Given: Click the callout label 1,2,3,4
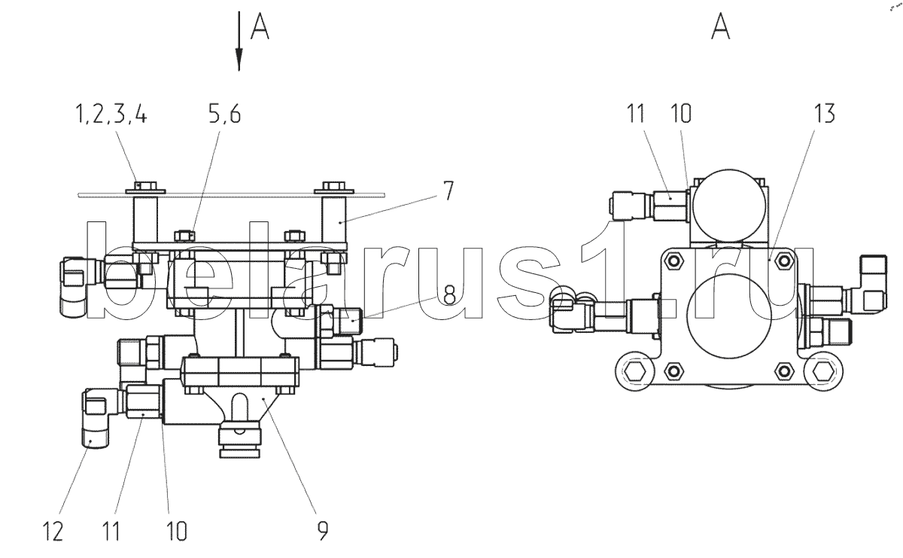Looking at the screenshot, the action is (x=111, y=114).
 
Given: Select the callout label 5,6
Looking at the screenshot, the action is (x=224, y=114).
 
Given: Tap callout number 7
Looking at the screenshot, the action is (x=448, y=191).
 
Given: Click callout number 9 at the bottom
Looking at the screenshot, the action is (x=323, y=531).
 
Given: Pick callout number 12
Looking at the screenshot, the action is (x=53, y=532).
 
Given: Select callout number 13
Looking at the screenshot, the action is (x=824, y=114).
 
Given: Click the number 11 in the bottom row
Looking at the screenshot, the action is (x=111, y=532).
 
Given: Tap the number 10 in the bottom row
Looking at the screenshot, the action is (x=177, y=532).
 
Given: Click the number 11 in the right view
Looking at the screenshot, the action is (x=636, y=114).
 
